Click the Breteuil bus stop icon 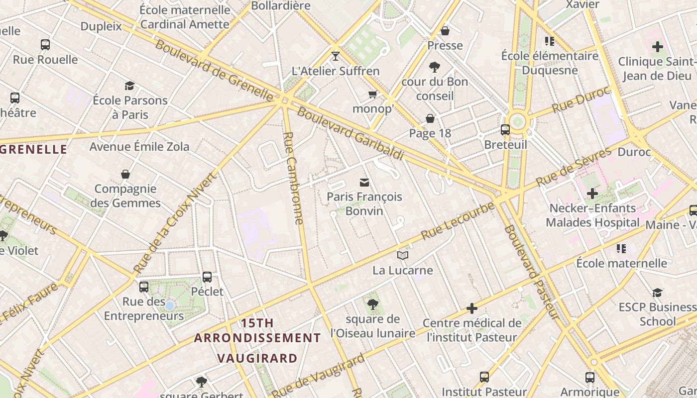coord(505,130)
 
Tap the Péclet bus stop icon coord(207,277)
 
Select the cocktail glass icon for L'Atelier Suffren coord(336,56)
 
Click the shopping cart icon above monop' coord(372,94)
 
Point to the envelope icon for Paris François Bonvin coord(364,183)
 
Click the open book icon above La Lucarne coord(403,256)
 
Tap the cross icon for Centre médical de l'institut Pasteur coord(471,308)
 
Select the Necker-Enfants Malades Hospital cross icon coord(592,193)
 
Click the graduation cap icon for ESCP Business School coord(657,293)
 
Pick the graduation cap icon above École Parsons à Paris coord(130,86)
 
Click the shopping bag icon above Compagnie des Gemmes coord(125,174)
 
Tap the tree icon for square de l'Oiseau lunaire coord(372,304)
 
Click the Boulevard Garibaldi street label coord(350,133)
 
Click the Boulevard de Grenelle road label coord(215,69)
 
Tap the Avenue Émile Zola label coord(139,147)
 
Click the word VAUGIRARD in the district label coord(257,358)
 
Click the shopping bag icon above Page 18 coord(430,118)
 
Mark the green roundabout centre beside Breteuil coord(518,121)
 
